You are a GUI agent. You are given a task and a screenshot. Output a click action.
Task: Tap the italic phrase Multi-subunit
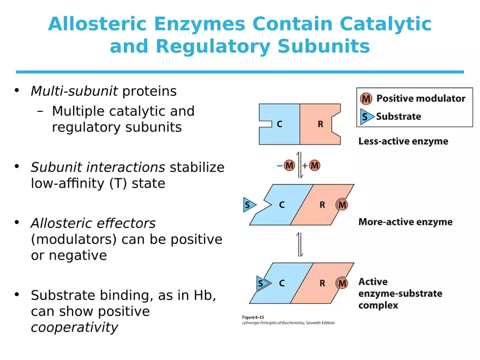click(x=74, y=91)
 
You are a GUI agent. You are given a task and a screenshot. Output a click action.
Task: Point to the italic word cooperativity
click(x=74, y=327)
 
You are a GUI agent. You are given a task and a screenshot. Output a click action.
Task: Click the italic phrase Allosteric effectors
click(x=93, y=223)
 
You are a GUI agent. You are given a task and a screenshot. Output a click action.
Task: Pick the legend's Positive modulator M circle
click(x=367, y=99)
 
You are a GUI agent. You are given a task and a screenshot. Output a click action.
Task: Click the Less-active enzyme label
click(x=403, y=141)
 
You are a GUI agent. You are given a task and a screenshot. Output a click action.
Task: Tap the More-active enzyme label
click(x=405, y=222)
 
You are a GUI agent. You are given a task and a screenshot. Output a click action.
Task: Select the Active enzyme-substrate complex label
click(x=400, y=293)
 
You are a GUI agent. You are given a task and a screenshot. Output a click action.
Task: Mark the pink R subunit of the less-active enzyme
click(x=320, y=124)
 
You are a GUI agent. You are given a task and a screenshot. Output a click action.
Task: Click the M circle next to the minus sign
click(x=289, y=165)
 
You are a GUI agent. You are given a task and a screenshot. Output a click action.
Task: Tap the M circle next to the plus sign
click(x=315, y=165)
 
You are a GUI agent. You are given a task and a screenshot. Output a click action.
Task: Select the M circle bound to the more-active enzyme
click(x=342, y=205)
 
